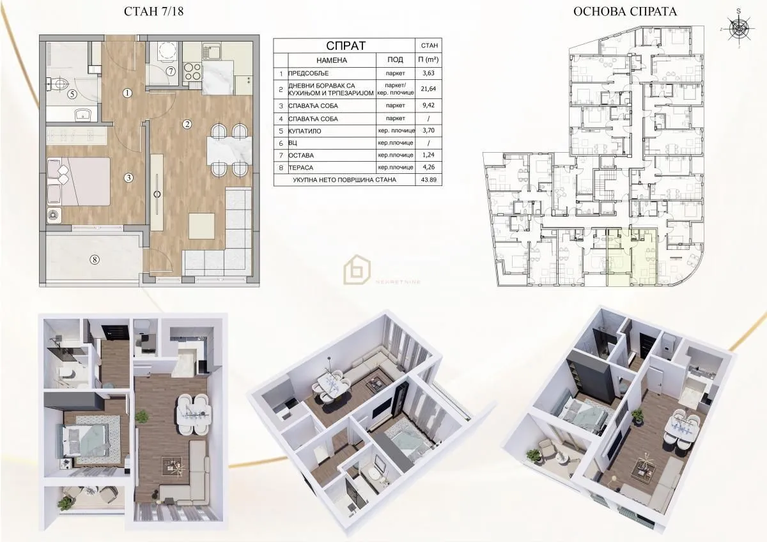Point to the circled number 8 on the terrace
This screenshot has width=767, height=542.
pos(95,259)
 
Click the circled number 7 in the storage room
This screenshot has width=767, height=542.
pos(171,71)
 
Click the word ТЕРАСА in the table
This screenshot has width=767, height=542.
pos(304,167)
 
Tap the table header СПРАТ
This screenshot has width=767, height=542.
pos(346,45)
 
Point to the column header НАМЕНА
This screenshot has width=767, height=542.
pos(331,59)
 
